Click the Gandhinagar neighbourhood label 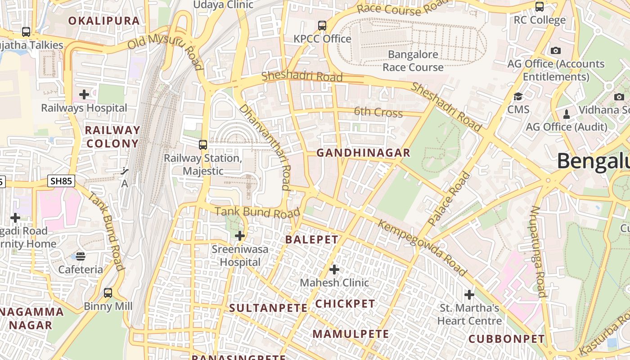click(363, 153)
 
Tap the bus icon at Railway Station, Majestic click(203, 145)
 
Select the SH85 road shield click(61, 181)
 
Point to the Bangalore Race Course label click(413, 61)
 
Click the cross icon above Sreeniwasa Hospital click(240, 235)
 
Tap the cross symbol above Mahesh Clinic click(334, 270)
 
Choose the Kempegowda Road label click(422, 247)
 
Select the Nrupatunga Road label click(538, 252)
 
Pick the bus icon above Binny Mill click(108, 293)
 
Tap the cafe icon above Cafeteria click(81, 256)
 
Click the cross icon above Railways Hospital click(84, 94)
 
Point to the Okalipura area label click(104, 21)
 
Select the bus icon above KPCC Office click(322, 26)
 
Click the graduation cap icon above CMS click(518, 96)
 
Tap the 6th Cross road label click(378, 112)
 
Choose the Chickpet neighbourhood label click(345, 304)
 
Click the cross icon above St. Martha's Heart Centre click(469, 295)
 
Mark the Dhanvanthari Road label click(265, 147)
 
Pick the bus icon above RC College click(540, 7)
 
